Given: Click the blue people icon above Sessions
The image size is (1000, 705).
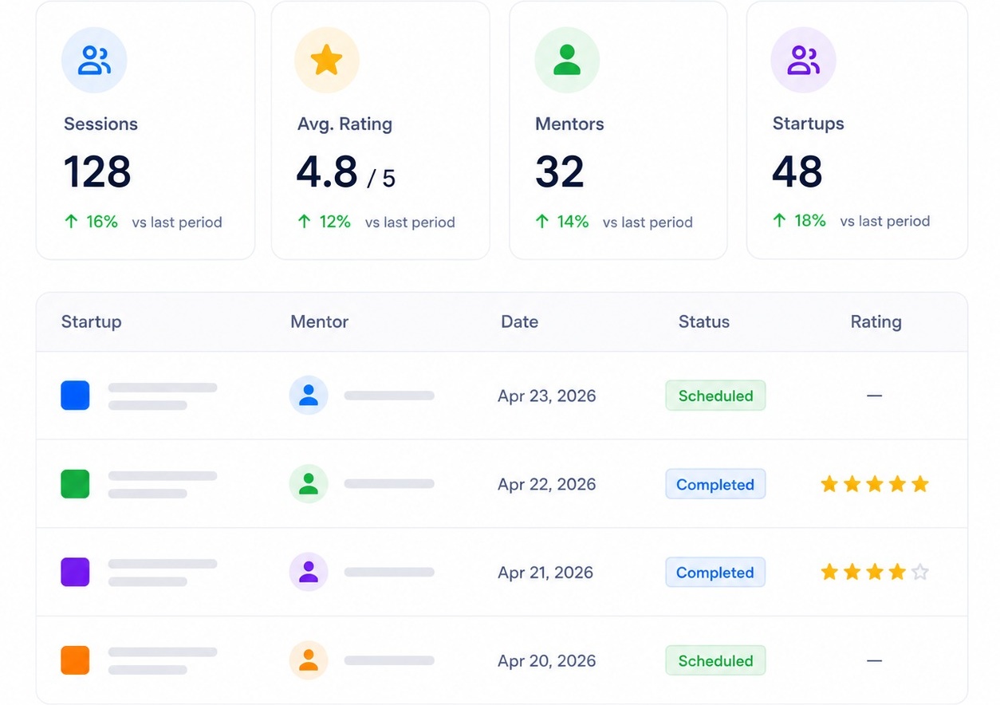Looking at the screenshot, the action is tap(94, 60).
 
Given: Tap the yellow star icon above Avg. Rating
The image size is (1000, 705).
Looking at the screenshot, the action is tap(326, 59).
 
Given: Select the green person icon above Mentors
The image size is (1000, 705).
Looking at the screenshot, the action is tap(567, 59).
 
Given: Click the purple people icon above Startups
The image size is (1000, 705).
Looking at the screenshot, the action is tap(803, 60).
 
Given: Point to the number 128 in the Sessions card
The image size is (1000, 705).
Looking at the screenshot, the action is tap(96, 171).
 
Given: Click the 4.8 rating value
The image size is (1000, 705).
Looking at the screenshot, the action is tap(327, 171).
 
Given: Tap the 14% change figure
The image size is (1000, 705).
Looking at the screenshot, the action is tap(573, 222).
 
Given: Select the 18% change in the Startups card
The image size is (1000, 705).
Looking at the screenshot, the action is tap(810, 221).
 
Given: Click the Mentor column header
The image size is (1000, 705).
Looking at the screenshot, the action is tap(319, 321).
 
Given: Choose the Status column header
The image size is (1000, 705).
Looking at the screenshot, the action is tap(704, 321).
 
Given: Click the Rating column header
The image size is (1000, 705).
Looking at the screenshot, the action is tap(876, 322).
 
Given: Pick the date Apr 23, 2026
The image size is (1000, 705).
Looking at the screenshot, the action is tap(546, 396).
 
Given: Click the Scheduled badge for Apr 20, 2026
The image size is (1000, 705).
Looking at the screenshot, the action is tap(715, 660).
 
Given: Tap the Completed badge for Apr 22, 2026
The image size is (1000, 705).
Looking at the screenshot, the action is tap(715, 484).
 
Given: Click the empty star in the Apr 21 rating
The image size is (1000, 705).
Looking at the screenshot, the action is tap(920, 572).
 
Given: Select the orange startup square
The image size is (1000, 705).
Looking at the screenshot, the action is tap(75, 660).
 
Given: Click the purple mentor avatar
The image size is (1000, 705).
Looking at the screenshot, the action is tap(309, 572).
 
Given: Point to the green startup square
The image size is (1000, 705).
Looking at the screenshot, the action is tap(75, 484).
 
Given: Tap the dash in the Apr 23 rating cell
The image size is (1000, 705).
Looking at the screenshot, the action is tap(874, 396).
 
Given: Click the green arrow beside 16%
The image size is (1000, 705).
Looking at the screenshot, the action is tap(72, 222).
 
